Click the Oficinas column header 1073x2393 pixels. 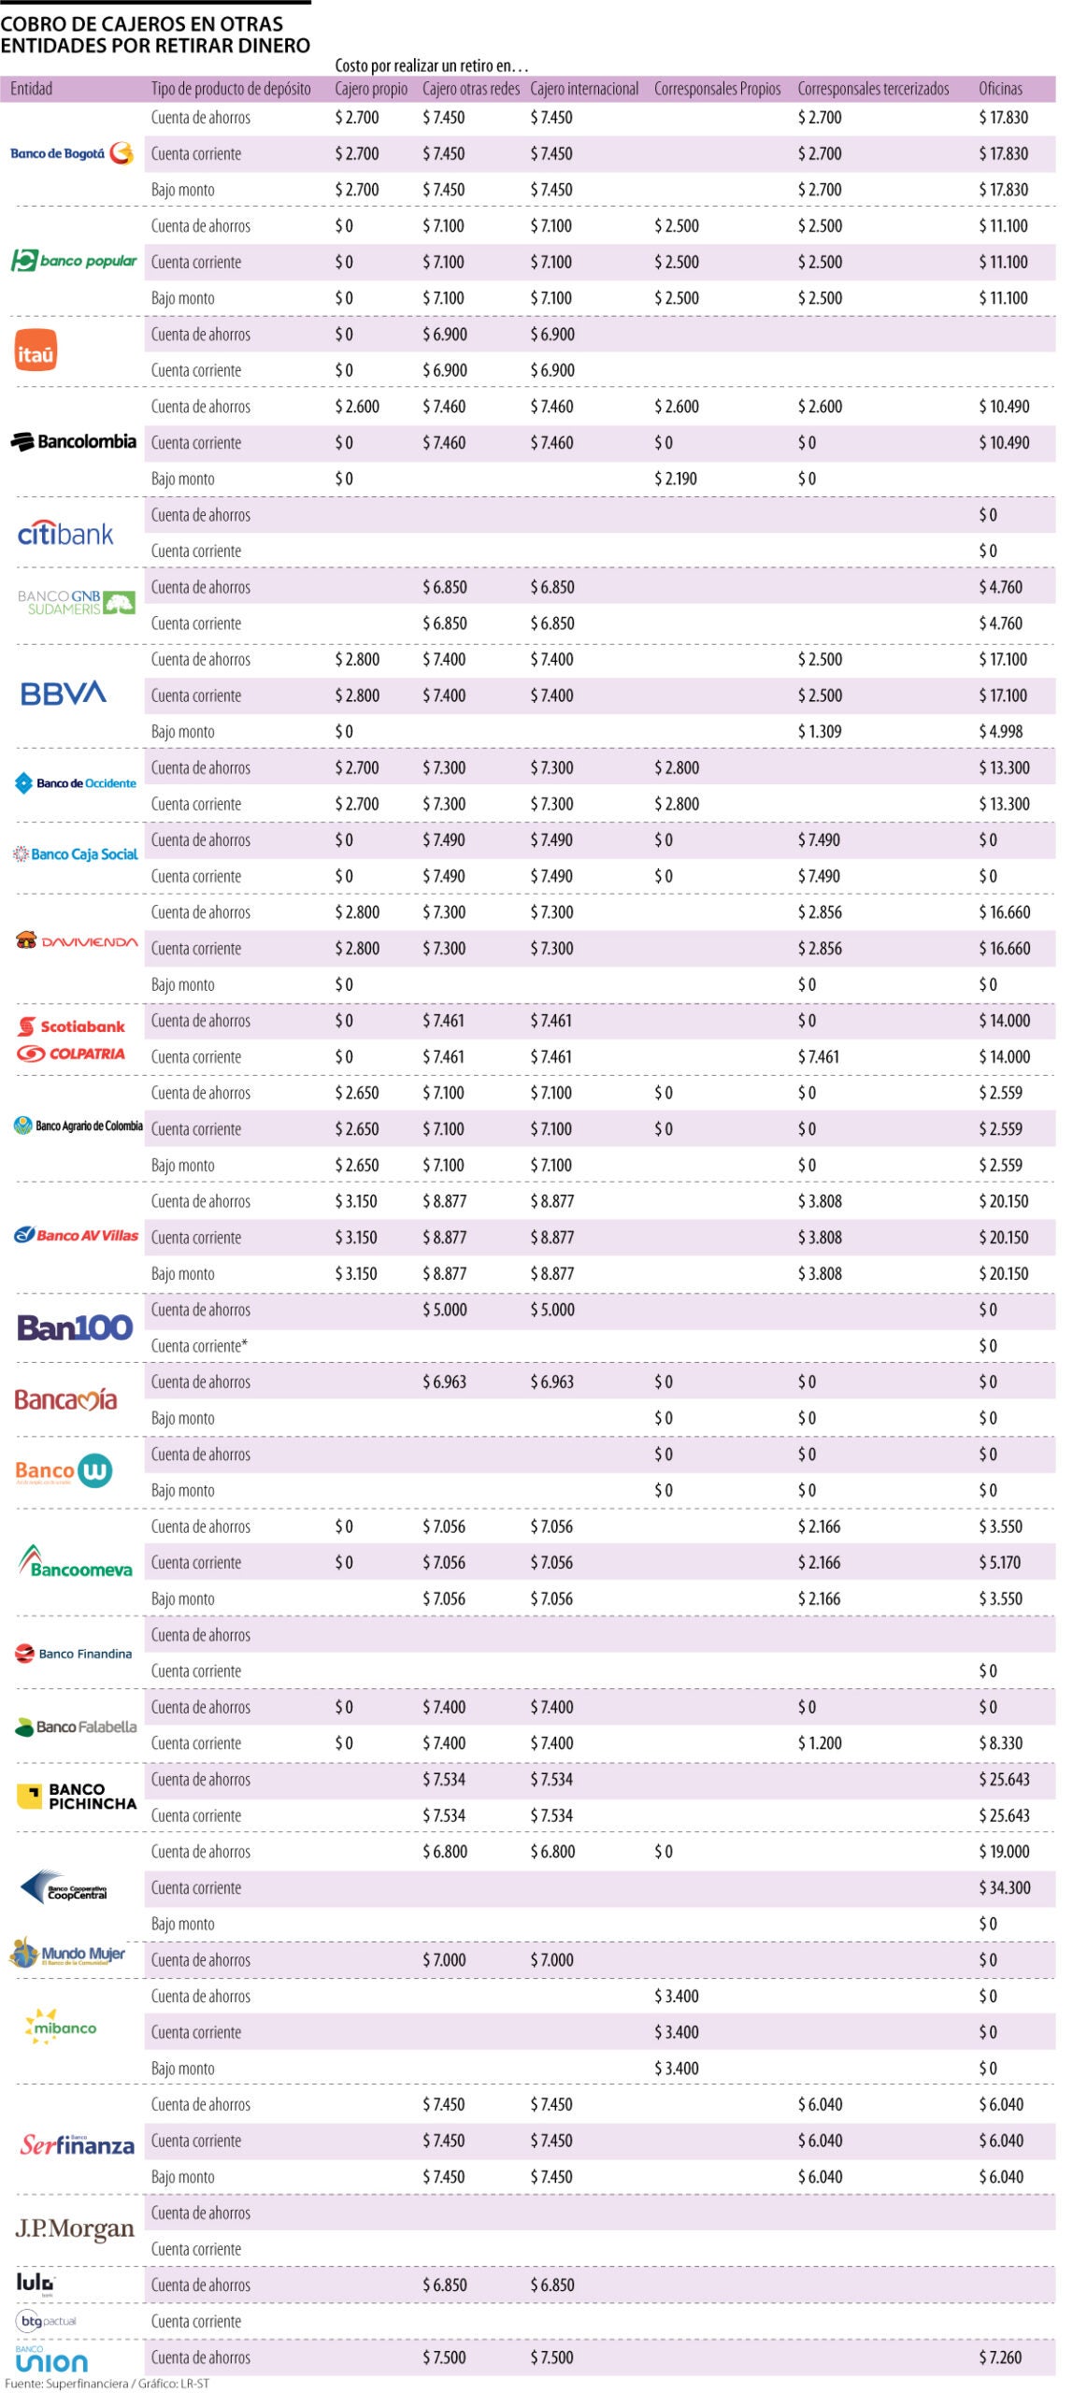point(1000,89)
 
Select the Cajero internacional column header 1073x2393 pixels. point(584,89)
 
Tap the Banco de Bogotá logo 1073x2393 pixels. point(72,153)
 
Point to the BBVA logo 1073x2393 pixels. point(64,694)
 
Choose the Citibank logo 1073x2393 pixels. point(65,534)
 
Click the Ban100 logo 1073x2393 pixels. point(75,1327)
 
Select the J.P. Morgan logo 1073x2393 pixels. point(75,2229)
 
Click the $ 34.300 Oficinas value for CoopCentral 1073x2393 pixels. point(1004,1887)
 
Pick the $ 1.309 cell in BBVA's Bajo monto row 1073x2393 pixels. point(820,732)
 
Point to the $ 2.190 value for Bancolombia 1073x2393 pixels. point(676,479)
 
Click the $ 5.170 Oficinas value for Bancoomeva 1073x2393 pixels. point(1000,1562)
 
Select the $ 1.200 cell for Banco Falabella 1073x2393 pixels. point(820,1742)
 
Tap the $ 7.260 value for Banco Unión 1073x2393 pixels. point(1000,2357)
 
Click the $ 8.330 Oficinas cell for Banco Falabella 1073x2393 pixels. point(1000,1742)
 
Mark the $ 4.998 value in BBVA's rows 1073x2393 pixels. point(1000,732)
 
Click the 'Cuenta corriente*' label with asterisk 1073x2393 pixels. point(199,1346)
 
